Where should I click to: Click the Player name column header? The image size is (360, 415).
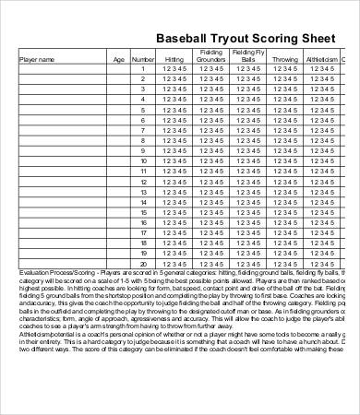pyautogui.click(x=38, y=59)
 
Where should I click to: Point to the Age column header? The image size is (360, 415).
pyautogui.click(x=118, y=59)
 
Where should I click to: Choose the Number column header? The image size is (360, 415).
pyautogui.click(x=143, y=59)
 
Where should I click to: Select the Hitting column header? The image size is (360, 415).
pyautogui.click(x=174, y=59)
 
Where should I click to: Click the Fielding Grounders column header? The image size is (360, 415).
pyautogui.click(x=210, y=55)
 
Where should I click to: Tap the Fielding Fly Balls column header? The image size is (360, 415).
pyautogui.click(x=248, y=55)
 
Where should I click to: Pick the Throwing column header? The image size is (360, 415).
pyautogui.click(x=285, y=59)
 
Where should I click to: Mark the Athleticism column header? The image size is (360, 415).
pyautogui.click(x=322, y=59)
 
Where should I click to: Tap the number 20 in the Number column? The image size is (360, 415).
pyautogui.click(x=143, y=264)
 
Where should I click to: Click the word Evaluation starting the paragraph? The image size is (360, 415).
pyautogui.click(x=36, y=274)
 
